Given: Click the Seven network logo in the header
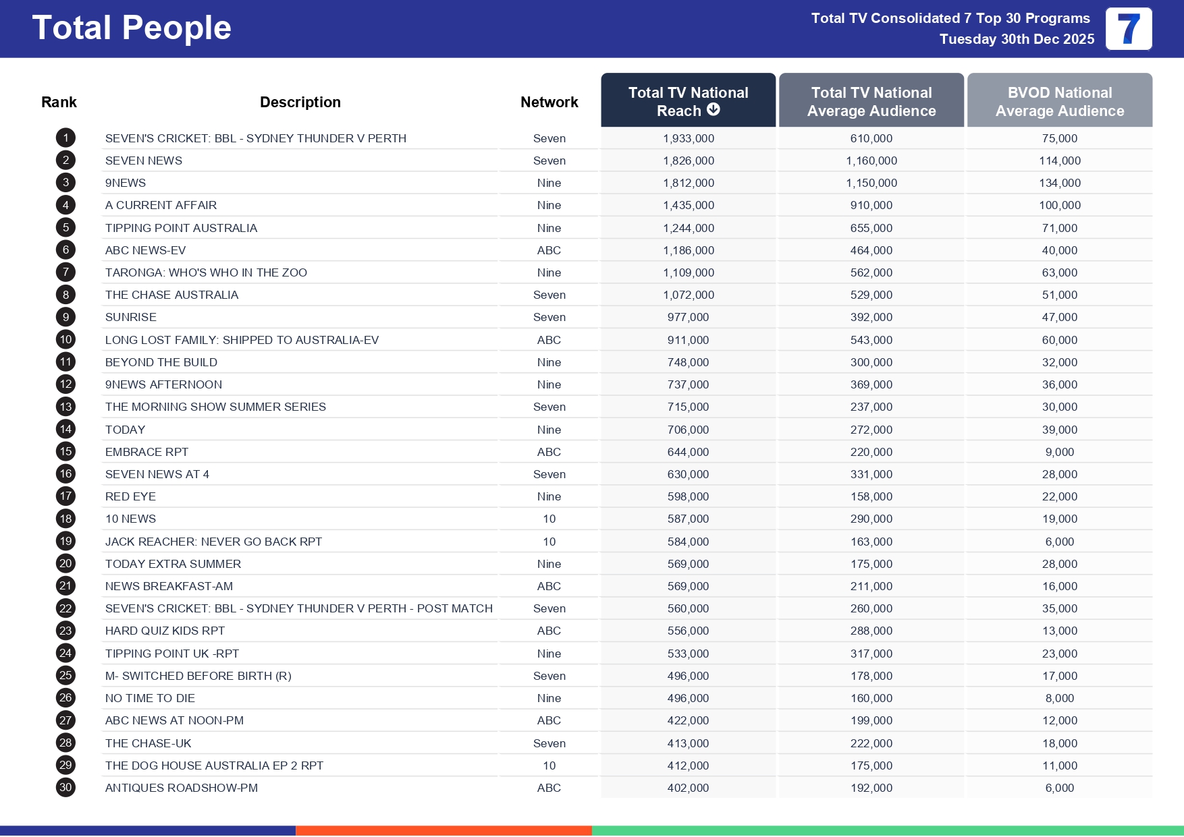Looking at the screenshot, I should [1128, 29].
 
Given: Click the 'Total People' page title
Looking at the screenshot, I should [132, 28].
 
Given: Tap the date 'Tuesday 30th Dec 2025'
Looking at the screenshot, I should [1017, 39].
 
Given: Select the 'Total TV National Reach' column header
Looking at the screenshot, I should [688, 100].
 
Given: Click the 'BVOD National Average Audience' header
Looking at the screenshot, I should [1059, 101].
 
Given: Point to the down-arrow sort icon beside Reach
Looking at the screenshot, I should [714, 110].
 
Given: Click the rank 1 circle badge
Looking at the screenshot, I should [65, 138].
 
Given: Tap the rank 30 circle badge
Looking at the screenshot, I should [65, 788].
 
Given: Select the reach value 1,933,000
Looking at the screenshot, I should [688, 138].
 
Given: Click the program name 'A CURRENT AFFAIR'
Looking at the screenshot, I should [161, 205].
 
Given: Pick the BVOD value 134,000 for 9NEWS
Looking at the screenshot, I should [1059, 183].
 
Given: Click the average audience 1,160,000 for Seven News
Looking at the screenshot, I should [871, 161].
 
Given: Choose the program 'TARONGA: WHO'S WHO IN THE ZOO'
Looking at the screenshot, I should [206, 272].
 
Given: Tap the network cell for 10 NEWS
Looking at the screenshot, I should [549, 519].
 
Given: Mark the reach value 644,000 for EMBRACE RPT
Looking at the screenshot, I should [688, 452].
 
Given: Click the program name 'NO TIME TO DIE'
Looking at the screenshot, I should [150, 698].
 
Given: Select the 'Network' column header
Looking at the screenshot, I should [549, 102].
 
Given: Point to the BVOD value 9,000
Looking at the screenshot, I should [1059, 452].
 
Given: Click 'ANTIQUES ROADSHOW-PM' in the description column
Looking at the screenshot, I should [181, 788].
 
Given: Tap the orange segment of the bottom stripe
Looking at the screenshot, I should [443, 831].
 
